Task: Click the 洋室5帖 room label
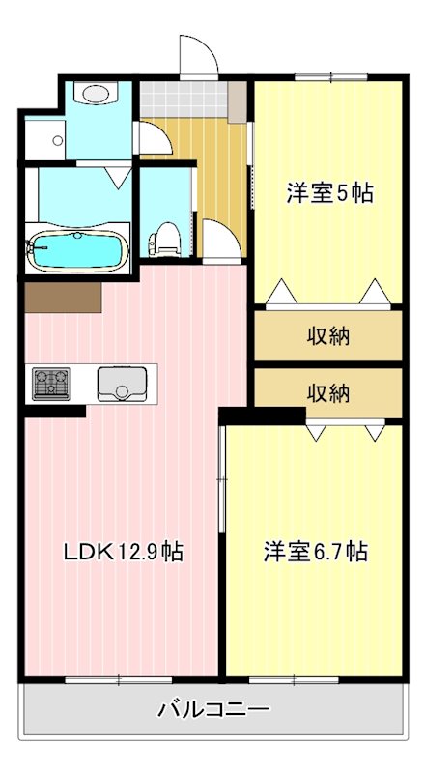click(328, 193)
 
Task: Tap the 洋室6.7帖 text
click(315, 552)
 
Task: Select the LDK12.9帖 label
click(124, 552)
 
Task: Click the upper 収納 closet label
click(328, 336)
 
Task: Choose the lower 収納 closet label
click(328, 393)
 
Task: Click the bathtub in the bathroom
click(77, 252)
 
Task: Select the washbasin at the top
click(97, 94)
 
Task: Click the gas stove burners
click(50, 384)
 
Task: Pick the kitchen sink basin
click(121, 384)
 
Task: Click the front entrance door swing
click(196, 56)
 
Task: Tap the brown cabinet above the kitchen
click(63, 297)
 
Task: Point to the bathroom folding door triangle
click(118, 177)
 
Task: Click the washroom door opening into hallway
click(155, 140)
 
